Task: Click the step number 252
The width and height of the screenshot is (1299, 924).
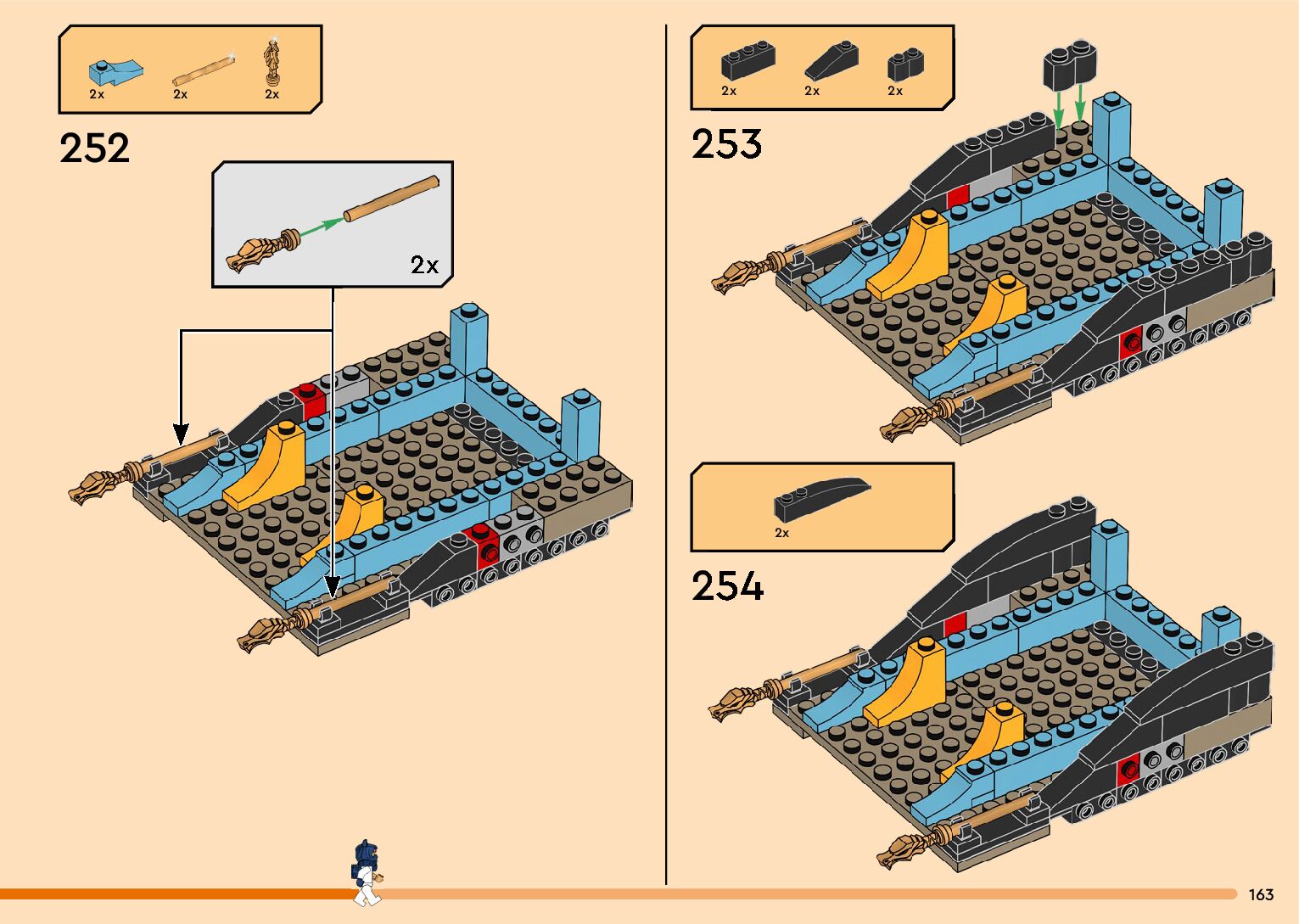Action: click(x=94, y=148)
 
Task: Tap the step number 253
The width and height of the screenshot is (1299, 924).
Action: click(x=726, y=144)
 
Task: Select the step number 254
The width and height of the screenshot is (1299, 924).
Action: click(x=727, y=586)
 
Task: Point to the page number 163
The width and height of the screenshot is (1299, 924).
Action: click(x=1261, y=895)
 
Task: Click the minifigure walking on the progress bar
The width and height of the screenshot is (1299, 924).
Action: click(x=366, y=872)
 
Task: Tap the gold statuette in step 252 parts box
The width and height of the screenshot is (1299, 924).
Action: click(x=272, y=60)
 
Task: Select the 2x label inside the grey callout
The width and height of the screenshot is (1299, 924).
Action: click(x=424, y=266)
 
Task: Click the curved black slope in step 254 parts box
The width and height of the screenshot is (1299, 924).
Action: click(x=821, y=499)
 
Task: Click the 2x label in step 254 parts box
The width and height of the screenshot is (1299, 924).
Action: click(x=781, y=533)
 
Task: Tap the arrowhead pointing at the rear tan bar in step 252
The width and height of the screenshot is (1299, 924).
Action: click(x=181, y=435)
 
